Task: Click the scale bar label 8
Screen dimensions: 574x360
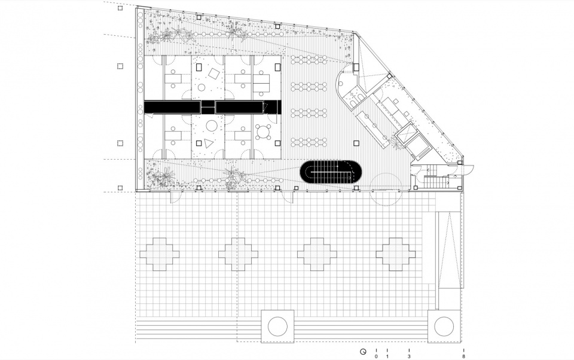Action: coord(463,356)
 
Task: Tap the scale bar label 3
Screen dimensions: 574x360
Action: coord(409,356)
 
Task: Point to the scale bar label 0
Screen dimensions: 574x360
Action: coord(376,356)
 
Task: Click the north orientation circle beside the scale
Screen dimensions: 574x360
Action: coord(363,352)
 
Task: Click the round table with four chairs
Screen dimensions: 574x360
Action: coord(263,132)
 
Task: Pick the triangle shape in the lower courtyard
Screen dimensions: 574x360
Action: coord(208,143)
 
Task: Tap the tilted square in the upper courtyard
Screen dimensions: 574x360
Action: coord(214,74)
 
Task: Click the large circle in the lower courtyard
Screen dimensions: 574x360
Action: coord(212,126)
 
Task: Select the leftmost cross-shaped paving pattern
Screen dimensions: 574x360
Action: coord(159,254)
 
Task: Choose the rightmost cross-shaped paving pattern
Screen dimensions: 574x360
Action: coord(396,254)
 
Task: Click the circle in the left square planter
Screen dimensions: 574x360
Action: coord(277,327)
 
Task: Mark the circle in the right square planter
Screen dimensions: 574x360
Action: coord(444,327)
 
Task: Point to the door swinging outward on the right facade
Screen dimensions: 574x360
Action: coord(468,169)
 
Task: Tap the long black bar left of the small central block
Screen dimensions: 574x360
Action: coord(172,107)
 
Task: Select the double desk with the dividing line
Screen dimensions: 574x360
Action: coord(261,83)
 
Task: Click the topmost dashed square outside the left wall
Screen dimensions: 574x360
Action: coord(120,8)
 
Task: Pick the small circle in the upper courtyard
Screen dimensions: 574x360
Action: coord(201,87)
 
